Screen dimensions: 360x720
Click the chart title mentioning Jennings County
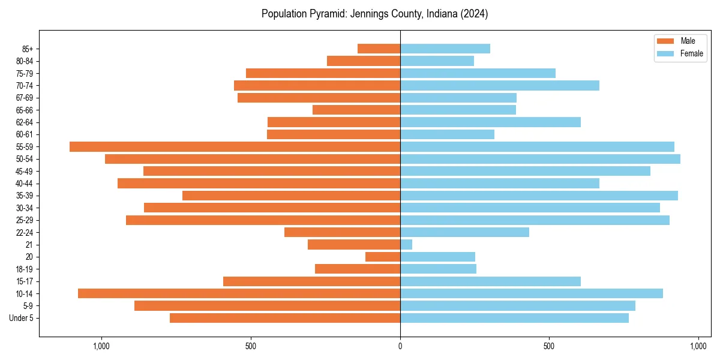pyautogui.click(x=374, y=14)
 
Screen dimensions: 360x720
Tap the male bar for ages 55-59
pyautogui.click(x=235, y=146)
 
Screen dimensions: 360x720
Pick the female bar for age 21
pyautogui.click(x=406, y=244)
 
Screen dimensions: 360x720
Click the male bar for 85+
pyautogui.click(x=379, y=49)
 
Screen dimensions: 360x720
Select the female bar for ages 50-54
pyautogui.click(x=540, y=159)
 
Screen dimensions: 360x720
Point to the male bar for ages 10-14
pyautogui.click(x=239, y=293)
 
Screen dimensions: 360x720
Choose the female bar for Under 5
pyautogui.click(x=514, y=318)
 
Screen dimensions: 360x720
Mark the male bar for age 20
pyautogui.click(x=383, y=257)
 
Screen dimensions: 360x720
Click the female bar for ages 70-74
pyautogui.click(x=499, y=85)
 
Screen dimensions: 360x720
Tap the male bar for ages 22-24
pyautogui.click(x=342, y=232)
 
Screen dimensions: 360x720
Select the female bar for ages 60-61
pyautogui.click(x=447, y=134)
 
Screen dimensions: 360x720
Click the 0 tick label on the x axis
pyautogui.click(x=400, y=346)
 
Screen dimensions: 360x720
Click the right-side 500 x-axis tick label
pyautogui.click(x=549, y=346)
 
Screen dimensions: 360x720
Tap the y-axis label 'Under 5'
pyautogui.click(x=21, y=318)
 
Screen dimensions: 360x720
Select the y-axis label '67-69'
pyautogui.click(x=24, y=98)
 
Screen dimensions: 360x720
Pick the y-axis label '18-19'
pyautogui.click(x=24, y=269)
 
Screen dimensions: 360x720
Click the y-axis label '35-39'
pyautogui.click(x=24, y=196)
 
